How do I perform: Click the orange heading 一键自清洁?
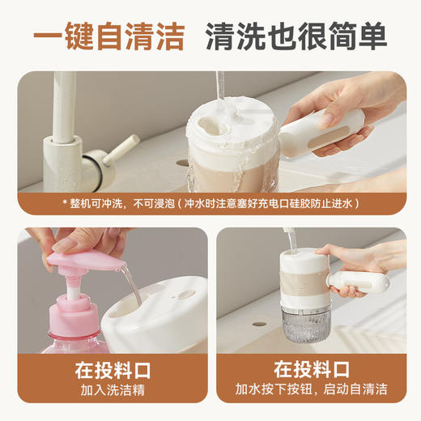tap(108, 36)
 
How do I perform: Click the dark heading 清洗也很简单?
tap(296, 36)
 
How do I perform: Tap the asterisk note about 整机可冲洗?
tap(210, 203)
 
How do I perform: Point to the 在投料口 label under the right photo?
tap(312, 371)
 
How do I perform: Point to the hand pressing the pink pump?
tap(77, 240)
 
